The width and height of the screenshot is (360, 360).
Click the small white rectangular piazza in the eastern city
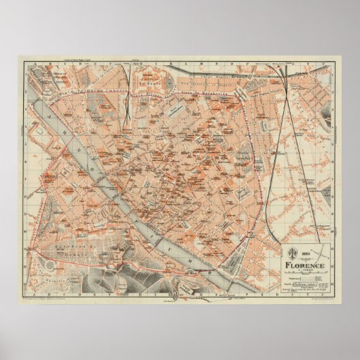tap(240, 194)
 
